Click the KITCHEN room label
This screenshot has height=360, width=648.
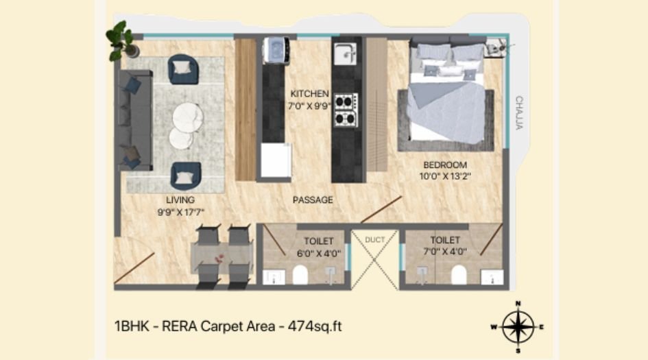[x=310, y=93]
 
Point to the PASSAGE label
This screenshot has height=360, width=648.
[x=313, y=200]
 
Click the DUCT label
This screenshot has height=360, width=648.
[x=375, y=239]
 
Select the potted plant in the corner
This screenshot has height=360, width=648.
[x=121, y=40]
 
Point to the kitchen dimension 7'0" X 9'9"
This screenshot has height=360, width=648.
[x=310, y=105]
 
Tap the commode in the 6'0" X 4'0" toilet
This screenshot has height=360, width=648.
[x=300, y=275]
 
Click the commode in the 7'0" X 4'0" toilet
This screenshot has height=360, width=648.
[x=459, y=275]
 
